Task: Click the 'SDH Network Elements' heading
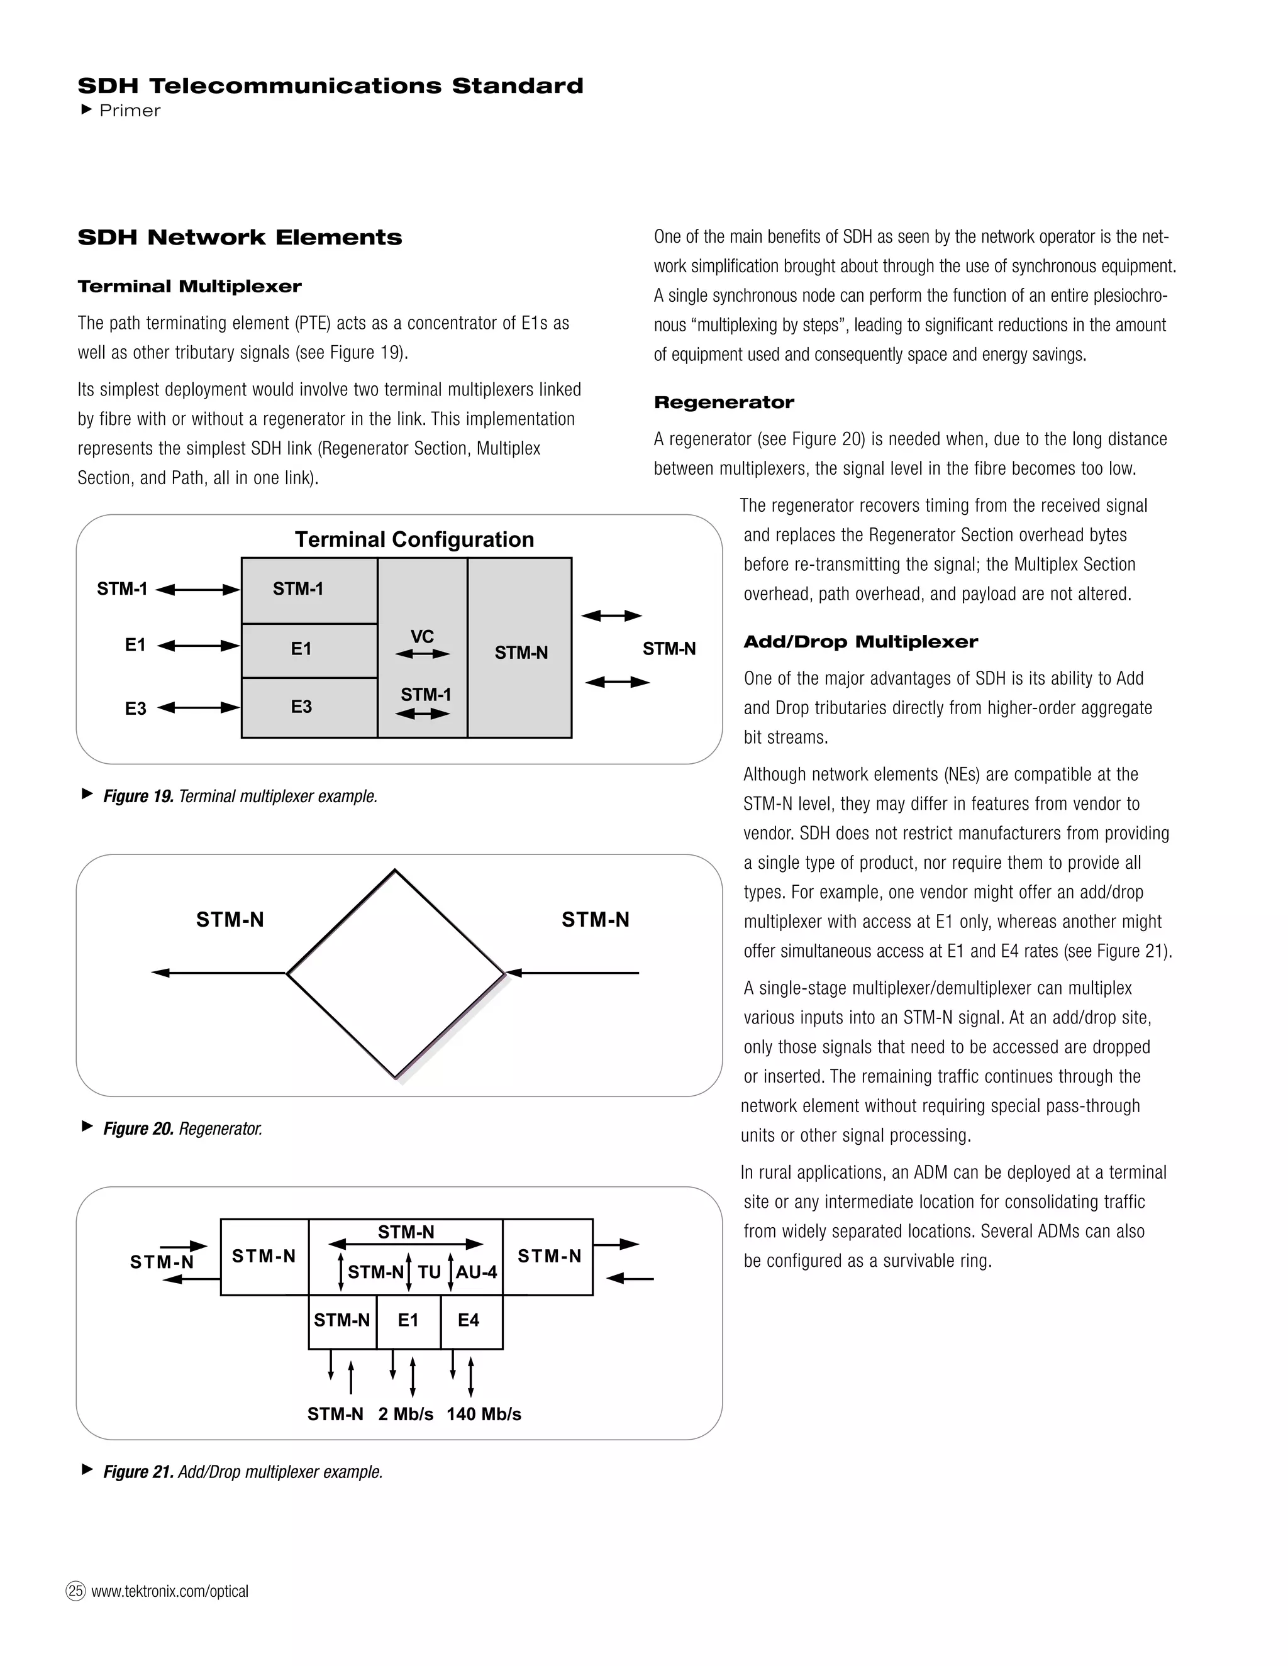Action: (x=240, y=237)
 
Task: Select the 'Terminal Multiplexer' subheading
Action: (x=189, y=287)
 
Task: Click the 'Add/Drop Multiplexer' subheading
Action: (x=860, y=643)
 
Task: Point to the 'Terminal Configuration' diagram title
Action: (x=414, y=540)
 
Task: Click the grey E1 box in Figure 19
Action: (x=309, y=650)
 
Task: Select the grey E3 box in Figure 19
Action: (x=309, y=707)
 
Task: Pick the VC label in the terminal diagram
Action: (x=422, y=636)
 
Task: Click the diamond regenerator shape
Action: (x=395, y=973)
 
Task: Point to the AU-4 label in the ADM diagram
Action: (x=477, y=1272)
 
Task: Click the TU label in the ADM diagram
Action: (x=429, y=1272)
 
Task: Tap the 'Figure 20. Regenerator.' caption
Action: (x=182, y=1129)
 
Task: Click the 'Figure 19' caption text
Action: (x=240, y=797)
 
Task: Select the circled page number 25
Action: (x=75, y=1591)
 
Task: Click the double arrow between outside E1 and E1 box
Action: (x=198, y=646)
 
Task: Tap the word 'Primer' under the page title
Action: (x=130, y=111)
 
